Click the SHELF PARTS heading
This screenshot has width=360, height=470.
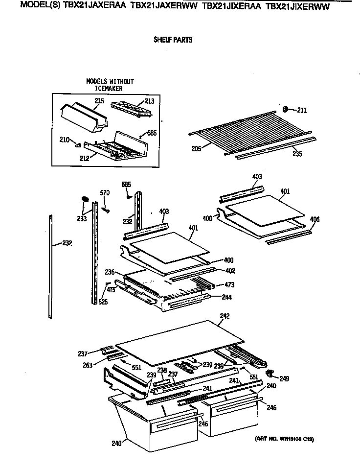pos(173,40)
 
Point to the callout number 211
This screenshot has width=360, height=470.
pos(302,110)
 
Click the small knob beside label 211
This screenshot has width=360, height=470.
pos(287,109)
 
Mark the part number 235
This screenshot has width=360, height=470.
pos(297,153)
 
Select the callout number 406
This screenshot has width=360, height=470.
pos(315,219)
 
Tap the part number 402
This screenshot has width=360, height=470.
pos(230,271)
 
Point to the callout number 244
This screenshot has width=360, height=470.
pos(226,297)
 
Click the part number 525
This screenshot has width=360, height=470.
pos(103,302)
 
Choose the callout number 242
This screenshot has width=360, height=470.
pos(225,316)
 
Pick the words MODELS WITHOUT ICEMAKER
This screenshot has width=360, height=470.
pos(110,85)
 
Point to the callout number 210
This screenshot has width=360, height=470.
pos(64,140)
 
